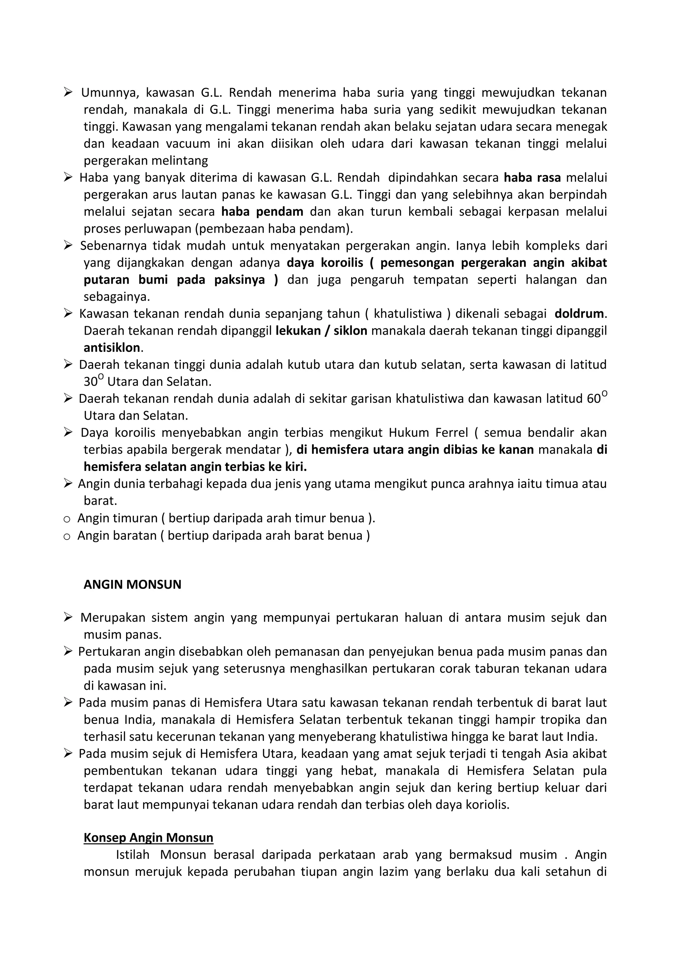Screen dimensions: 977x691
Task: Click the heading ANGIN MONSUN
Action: pos(132,584)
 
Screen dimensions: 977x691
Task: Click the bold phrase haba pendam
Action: pos(262,212)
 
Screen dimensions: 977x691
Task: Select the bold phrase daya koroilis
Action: pos(325,262)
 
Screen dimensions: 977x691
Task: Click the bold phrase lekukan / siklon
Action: pos(321,331)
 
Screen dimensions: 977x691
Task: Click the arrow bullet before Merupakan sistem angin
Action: pos(68,617)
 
